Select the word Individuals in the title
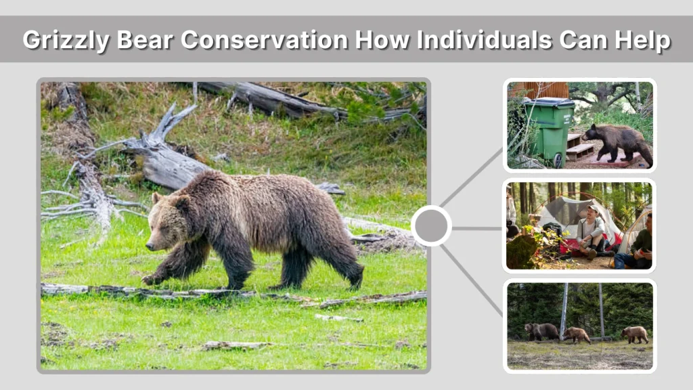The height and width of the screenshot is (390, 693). [x=483, y=40]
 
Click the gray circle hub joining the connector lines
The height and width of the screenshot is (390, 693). [x=431, y=225]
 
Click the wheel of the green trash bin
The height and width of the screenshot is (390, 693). [x=558, y=160]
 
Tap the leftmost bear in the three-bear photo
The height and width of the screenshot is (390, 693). [x=541, y=331]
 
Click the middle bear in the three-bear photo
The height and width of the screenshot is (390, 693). [x=577, y=334]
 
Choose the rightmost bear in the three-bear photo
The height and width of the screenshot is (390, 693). [x=635, y=334]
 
